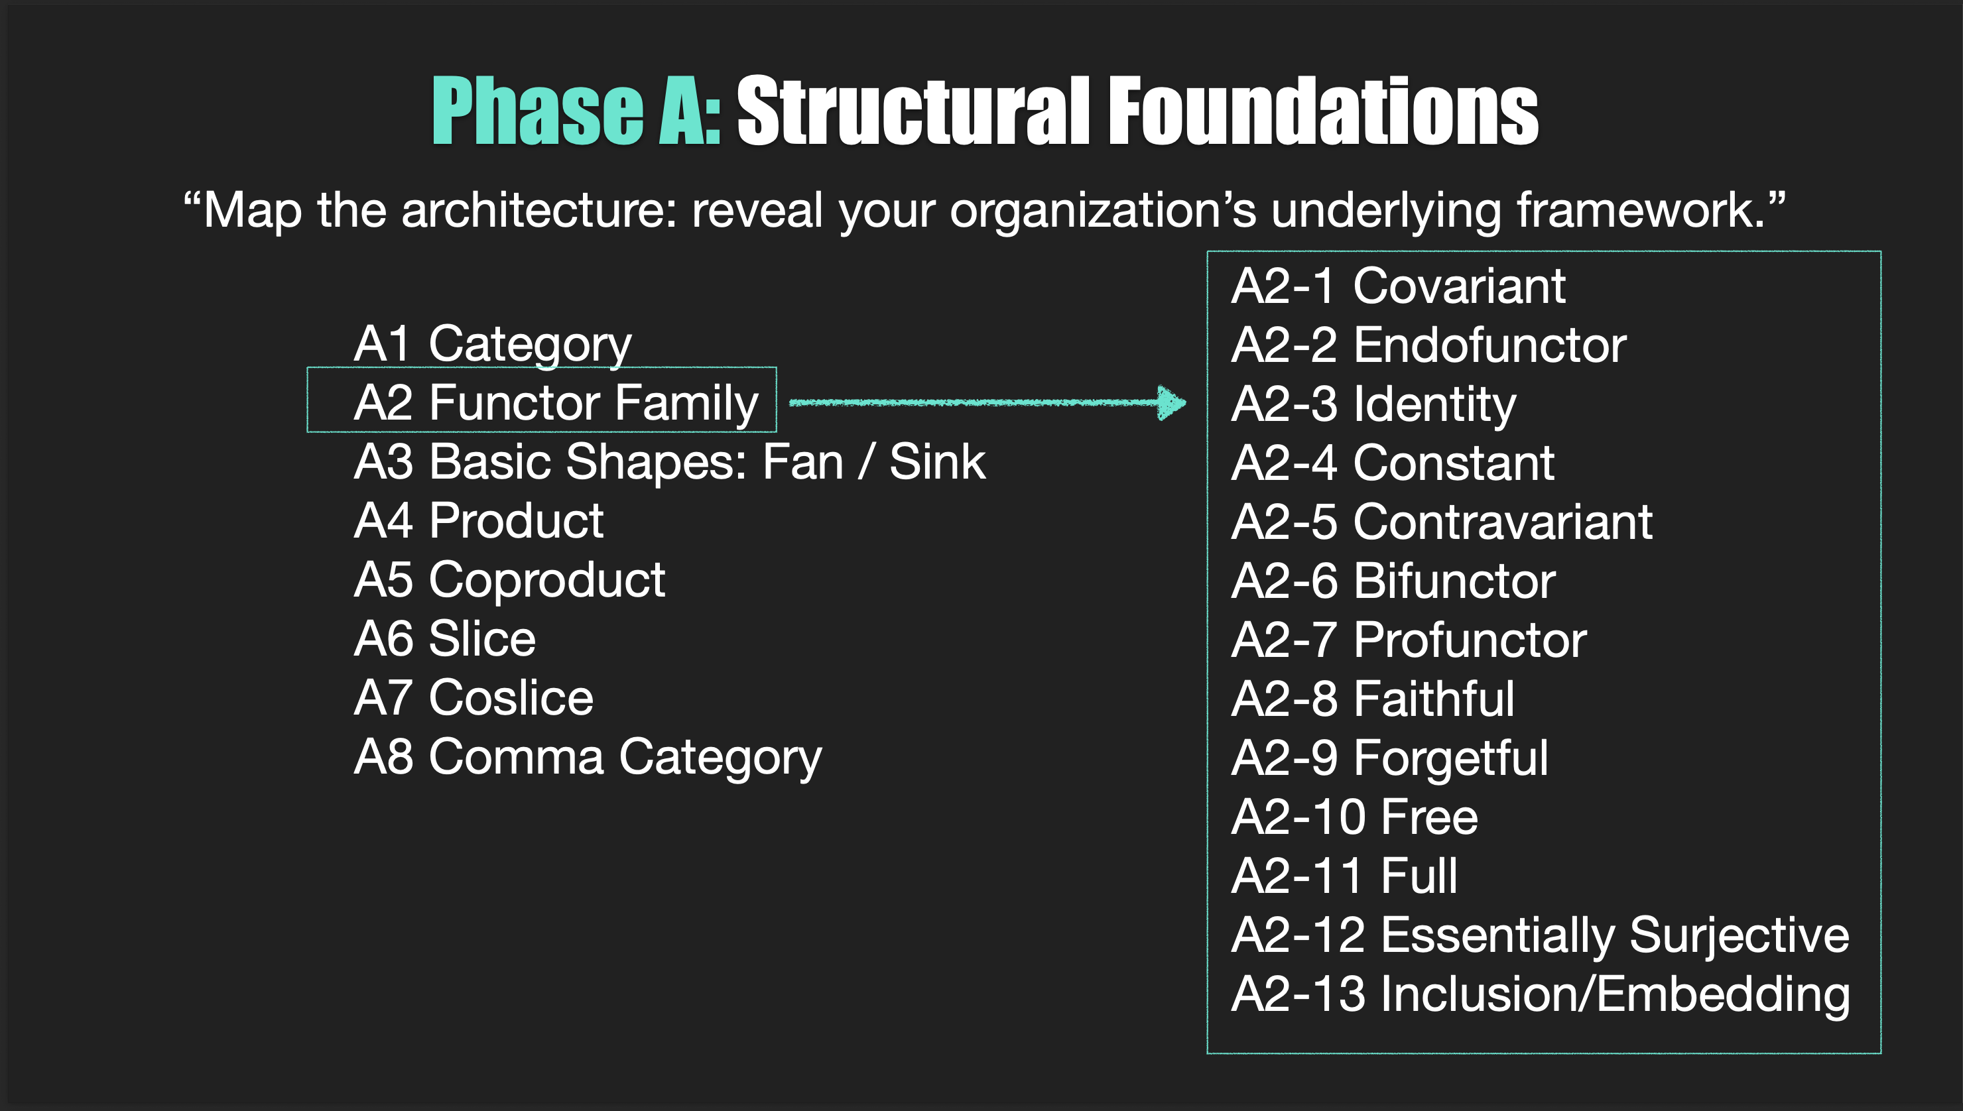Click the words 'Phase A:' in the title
576,111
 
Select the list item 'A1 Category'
492,343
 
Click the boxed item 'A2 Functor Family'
556,402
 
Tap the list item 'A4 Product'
479,521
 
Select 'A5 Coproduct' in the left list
509,580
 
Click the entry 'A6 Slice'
444,638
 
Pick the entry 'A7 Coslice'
474,697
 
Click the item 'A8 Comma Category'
588,757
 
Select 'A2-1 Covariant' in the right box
1397,286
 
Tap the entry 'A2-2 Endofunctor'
1428,345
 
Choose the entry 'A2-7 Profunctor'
1408,640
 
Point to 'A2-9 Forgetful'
1389,758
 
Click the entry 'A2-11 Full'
1344,875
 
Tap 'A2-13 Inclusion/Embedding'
1540,994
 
